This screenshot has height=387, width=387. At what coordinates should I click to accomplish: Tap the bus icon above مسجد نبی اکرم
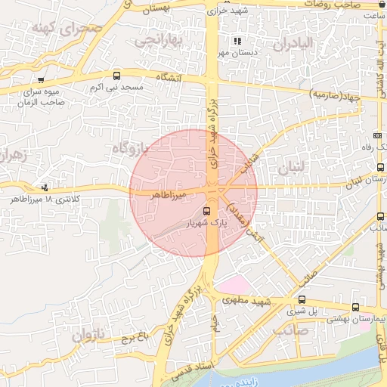[116, 76]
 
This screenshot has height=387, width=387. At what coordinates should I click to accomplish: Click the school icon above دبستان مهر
[238, 41]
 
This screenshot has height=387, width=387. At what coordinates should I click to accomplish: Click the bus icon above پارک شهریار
[207, 211]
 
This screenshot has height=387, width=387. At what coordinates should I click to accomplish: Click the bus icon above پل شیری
[302, 299]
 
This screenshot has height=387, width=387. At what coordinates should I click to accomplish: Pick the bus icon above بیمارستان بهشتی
[355, 307]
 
